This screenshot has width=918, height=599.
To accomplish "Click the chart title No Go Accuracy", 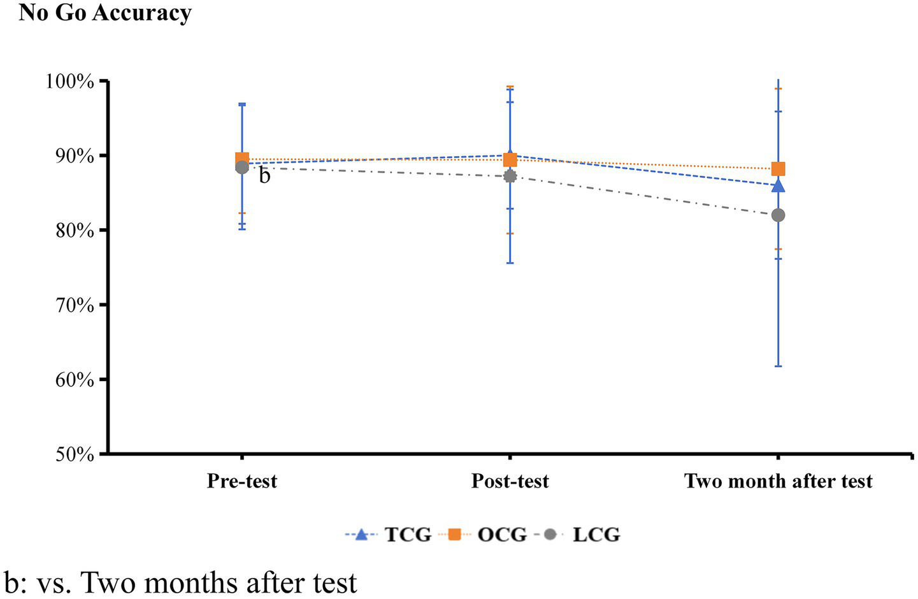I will point(105,13).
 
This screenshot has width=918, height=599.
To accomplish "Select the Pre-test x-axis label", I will point(242,480).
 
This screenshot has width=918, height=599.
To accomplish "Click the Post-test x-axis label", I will point(510,480).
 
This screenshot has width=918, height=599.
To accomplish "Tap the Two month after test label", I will point(778,480).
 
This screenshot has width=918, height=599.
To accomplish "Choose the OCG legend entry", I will point(502,534).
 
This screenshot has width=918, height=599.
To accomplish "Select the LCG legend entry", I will point(596,534).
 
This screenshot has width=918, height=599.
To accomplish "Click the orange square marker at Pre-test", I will point(242,159).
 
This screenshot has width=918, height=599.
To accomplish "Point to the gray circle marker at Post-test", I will point(510,176).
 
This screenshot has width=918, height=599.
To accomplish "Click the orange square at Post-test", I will point(510,159).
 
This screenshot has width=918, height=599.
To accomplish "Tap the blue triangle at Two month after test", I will point(778,186).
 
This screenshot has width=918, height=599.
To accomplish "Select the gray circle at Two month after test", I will point(778,215).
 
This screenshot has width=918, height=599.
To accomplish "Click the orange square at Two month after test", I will point(778,169).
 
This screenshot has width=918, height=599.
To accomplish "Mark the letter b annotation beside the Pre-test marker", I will point(264,176).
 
